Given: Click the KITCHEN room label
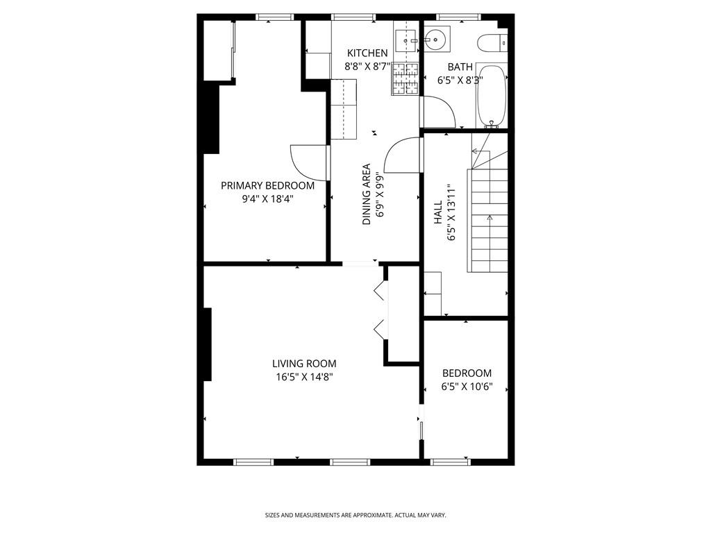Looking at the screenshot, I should coord(367,53).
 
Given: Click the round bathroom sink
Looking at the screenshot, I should coord(436,40).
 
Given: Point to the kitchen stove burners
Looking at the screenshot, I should coord(407,78).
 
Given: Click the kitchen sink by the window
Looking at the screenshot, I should coord(405,40).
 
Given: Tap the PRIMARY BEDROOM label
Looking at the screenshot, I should coord(267,185).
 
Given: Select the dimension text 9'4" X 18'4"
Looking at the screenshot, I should coord(267,198).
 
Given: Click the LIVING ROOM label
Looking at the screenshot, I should coord(304,363).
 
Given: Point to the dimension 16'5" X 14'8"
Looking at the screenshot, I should coord(304,377).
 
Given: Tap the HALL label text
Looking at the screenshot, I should coord(438,212).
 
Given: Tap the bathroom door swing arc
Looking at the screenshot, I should coord(439,111).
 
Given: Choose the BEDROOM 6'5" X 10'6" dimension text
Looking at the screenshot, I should coord(467,387).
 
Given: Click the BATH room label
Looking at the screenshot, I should coord(460,67).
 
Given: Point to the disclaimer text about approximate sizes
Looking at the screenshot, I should coord(355,515).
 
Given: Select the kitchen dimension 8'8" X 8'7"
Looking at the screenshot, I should coord(368,67).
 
